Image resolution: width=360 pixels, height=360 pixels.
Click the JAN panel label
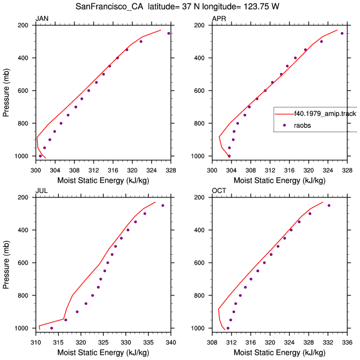(42, 19)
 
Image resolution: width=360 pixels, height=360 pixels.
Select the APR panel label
(219, 19)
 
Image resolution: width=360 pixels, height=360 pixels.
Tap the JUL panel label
(42, 191)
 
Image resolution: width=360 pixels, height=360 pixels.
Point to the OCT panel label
(219, 191)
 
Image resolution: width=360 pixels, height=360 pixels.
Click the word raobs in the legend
(303, 125)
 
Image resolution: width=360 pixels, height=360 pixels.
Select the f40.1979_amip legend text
(326, 114)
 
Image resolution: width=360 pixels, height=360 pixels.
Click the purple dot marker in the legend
(284, 125)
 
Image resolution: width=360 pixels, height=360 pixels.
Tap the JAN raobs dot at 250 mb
(169, 33)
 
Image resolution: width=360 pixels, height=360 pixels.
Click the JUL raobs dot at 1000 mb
(51, 328)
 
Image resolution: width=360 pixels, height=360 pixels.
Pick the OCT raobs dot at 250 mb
(329, 205)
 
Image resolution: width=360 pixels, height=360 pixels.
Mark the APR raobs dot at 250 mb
(342, 33)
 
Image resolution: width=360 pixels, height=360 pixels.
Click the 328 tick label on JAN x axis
(171, 170)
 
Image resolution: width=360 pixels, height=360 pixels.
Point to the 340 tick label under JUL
(171, 343)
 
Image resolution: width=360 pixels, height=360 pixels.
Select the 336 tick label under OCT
(347, 343)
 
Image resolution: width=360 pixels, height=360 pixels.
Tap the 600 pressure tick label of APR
(199, 91)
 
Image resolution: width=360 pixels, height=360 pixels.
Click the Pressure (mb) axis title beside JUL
(6, 264)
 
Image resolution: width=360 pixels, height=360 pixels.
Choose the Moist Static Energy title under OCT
(279, 353)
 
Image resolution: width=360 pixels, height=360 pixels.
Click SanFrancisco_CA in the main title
(109, 7)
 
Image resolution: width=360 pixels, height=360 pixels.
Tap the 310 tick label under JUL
(35, 343)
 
